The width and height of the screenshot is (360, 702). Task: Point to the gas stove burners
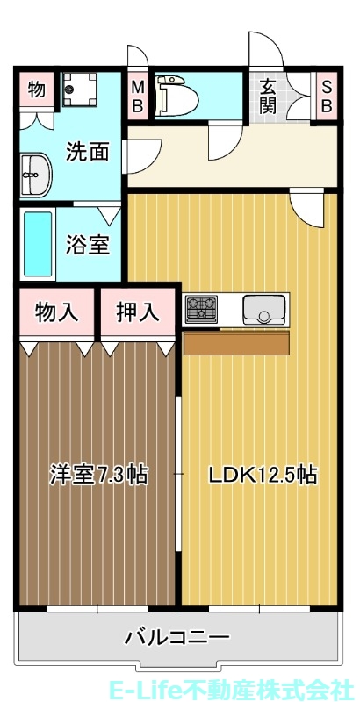pyautogui.click(x=203, y=308)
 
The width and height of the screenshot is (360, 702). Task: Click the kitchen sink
pyautogui.click(x=263, y=309)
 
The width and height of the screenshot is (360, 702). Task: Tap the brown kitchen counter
pyautogui.click(x=235, y=342)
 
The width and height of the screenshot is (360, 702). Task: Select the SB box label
pyautogui.click(x=326, y=95)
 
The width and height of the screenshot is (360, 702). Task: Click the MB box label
pyautogui.click(x=139, y=95)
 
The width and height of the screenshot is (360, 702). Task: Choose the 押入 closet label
pyautogui.click(x=137, y=312)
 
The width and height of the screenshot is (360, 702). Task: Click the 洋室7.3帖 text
pyautogui.click(x=97, y=475)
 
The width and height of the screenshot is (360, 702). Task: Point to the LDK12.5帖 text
pyautogui.click(x=261, y=475)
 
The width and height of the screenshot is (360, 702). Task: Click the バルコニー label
pyautogui.click(x=176, y=636)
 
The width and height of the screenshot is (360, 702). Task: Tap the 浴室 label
pyautogui.click(x=88, y=244)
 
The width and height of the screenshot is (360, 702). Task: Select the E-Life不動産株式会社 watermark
pyautogui.click(x=232, y=689)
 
